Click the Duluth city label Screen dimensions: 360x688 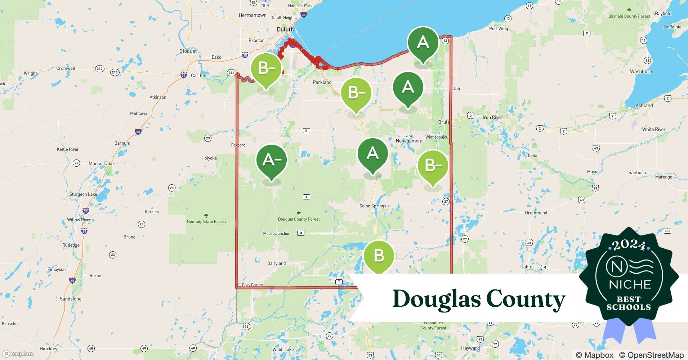click(x=285, y=30)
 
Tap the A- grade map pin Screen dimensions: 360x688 click(x=271, y=160)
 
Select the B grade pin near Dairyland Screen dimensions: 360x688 click(x=379, y=256)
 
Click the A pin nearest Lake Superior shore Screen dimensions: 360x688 click(x=423, y=42)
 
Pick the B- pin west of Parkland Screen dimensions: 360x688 click(x=266, y=68)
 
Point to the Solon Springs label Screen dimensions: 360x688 click(x=372, y=206)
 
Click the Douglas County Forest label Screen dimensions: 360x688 click(x=299, y=219)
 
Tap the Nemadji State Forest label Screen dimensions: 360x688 click(x=206, y=221)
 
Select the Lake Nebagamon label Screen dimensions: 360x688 click(x=408, y=138)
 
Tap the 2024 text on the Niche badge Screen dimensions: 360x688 click(x=629, y=245)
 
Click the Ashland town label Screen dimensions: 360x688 click(x=644, y=105)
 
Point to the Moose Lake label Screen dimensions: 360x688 click(x=101, y=163)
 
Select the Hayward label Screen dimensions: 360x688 click(x=470, y=348)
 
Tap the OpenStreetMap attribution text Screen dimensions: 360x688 click(x=651, y=355)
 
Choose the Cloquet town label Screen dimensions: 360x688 click(x=188, y=51)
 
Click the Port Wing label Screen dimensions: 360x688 click(x=499, y=28)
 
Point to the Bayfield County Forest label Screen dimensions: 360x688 click(x=629, y=16)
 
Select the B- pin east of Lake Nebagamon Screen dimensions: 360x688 click(x=433, y=166)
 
